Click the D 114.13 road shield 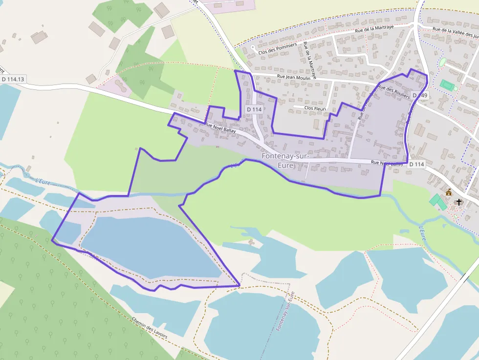[x=13, y=79]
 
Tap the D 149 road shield [x=420, y=95]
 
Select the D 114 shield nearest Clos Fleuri [x=255, y=109]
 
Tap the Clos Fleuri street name [x=315, y=107]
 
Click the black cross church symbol [x=458, y=201]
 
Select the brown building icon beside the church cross [x=449, y=192]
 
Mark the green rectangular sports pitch [x=447, y=85]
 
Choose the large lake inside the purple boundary [x=152, y=247]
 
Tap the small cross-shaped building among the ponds [x=252, y=242]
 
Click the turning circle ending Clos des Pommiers [x=253, y=47]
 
